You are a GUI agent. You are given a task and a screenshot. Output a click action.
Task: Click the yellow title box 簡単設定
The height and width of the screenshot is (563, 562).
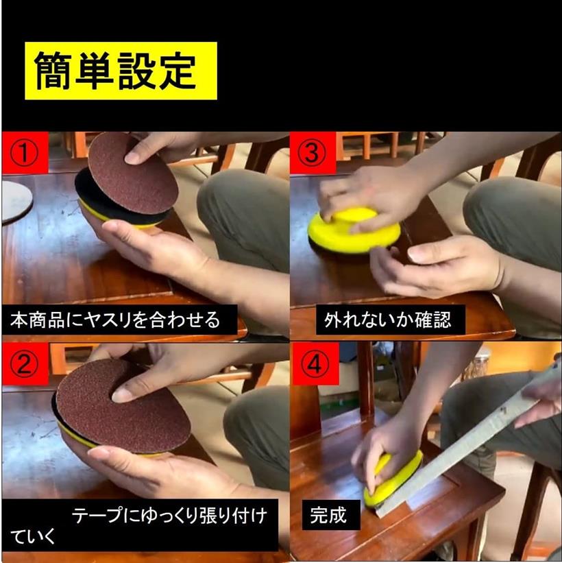click(121, 71)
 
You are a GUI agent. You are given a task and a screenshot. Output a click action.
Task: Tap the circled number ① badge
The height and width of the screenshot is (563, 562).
click(25, 153)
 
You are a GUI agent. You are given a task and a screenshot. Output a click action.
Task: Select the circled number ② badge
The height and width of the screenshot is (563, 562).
click(25, 364)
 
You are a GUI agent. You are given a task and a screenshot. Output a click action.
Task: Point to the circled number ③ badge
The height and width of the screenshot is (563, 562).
click(313, 153)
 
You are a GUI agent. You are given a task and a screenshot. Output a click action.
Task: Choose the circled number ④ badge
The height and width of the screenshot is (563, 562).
click(315, 364)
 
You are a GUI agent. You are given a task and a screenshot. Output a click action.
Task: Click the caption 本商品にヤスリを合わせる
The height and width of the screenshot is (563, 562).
click(115, 320)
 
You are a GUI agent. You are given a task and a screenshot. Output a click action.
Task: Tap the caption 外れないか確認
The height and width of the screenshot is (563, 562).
click(388, 320)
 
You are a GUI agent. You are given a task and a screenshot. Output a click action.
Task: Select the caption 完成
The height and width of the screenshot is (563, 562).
click(328, 515)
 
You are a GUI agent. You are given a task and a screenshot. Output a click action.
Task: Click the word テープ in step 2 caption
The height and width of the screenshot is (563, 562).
click(96, 516)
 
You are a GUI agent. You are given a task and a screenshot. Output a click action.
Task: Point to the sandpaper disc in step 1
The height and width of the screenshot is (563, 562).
click(133, 173)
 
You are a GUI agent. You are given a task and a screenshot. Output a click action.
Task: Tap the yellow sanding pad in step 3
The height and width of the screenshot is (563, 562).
click(354, 230)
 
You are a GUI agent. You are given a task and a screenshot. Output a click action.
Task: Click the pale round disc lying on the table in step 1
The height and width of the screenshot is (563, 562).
click(16, 202)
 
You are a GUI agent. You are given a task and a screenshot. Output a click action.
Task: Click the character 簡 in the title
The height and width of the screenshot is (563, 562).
click(53, 71)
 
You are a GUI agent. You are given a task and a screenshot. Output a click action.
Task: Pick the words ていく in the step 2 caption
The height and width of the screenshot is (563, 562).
click(33, 536)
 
